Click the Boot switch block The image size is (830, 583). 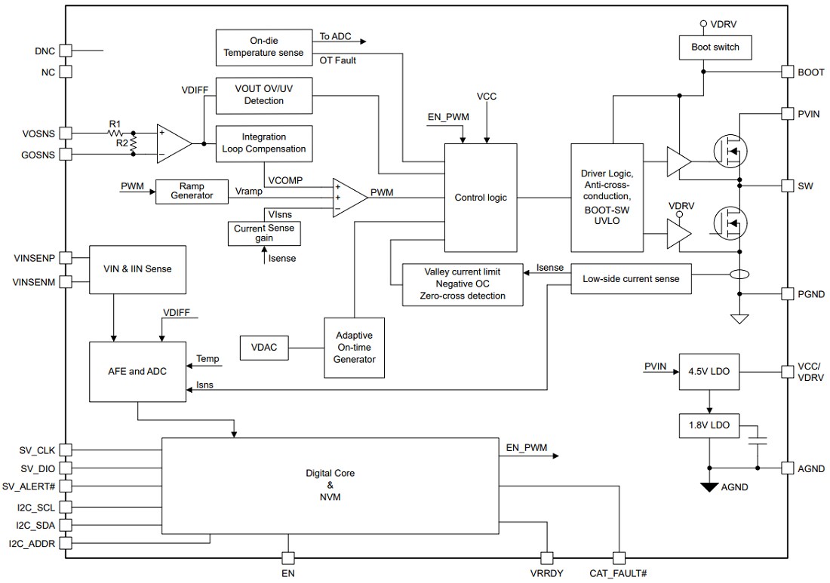[x=715, y=48]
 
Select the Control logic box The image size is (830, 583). [x=481, y=198]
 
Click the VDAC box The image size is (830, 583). [x=263, y=348]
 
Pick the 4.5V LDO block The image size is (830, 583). [x=709, y=372]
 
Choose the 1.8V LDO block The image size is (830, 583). [x=709, y=425]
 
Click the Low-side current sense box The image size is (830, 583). [x=631, y=278]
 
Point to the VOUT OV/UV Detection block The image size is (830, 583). [x=264, y=95]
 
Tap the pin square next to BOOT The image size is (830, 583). [x=785, y=72]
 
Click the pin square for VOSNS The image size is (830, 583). [x=66, y=133]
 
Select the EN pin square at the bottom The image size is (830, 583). [x=287, y=558]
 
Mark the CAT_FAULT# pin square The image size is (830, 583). [x=619, y=558]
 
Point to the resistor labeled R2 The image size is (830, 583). [x=134, y=143]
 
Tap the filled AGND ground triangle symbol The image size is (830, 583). [x=709, y=486]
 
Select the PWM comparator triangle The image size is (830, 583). [x=349, y=198]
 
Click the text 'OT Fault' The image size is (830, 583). [x=338, y=60]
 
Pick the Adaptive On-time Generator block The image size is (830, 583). [x=354, y=348]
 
